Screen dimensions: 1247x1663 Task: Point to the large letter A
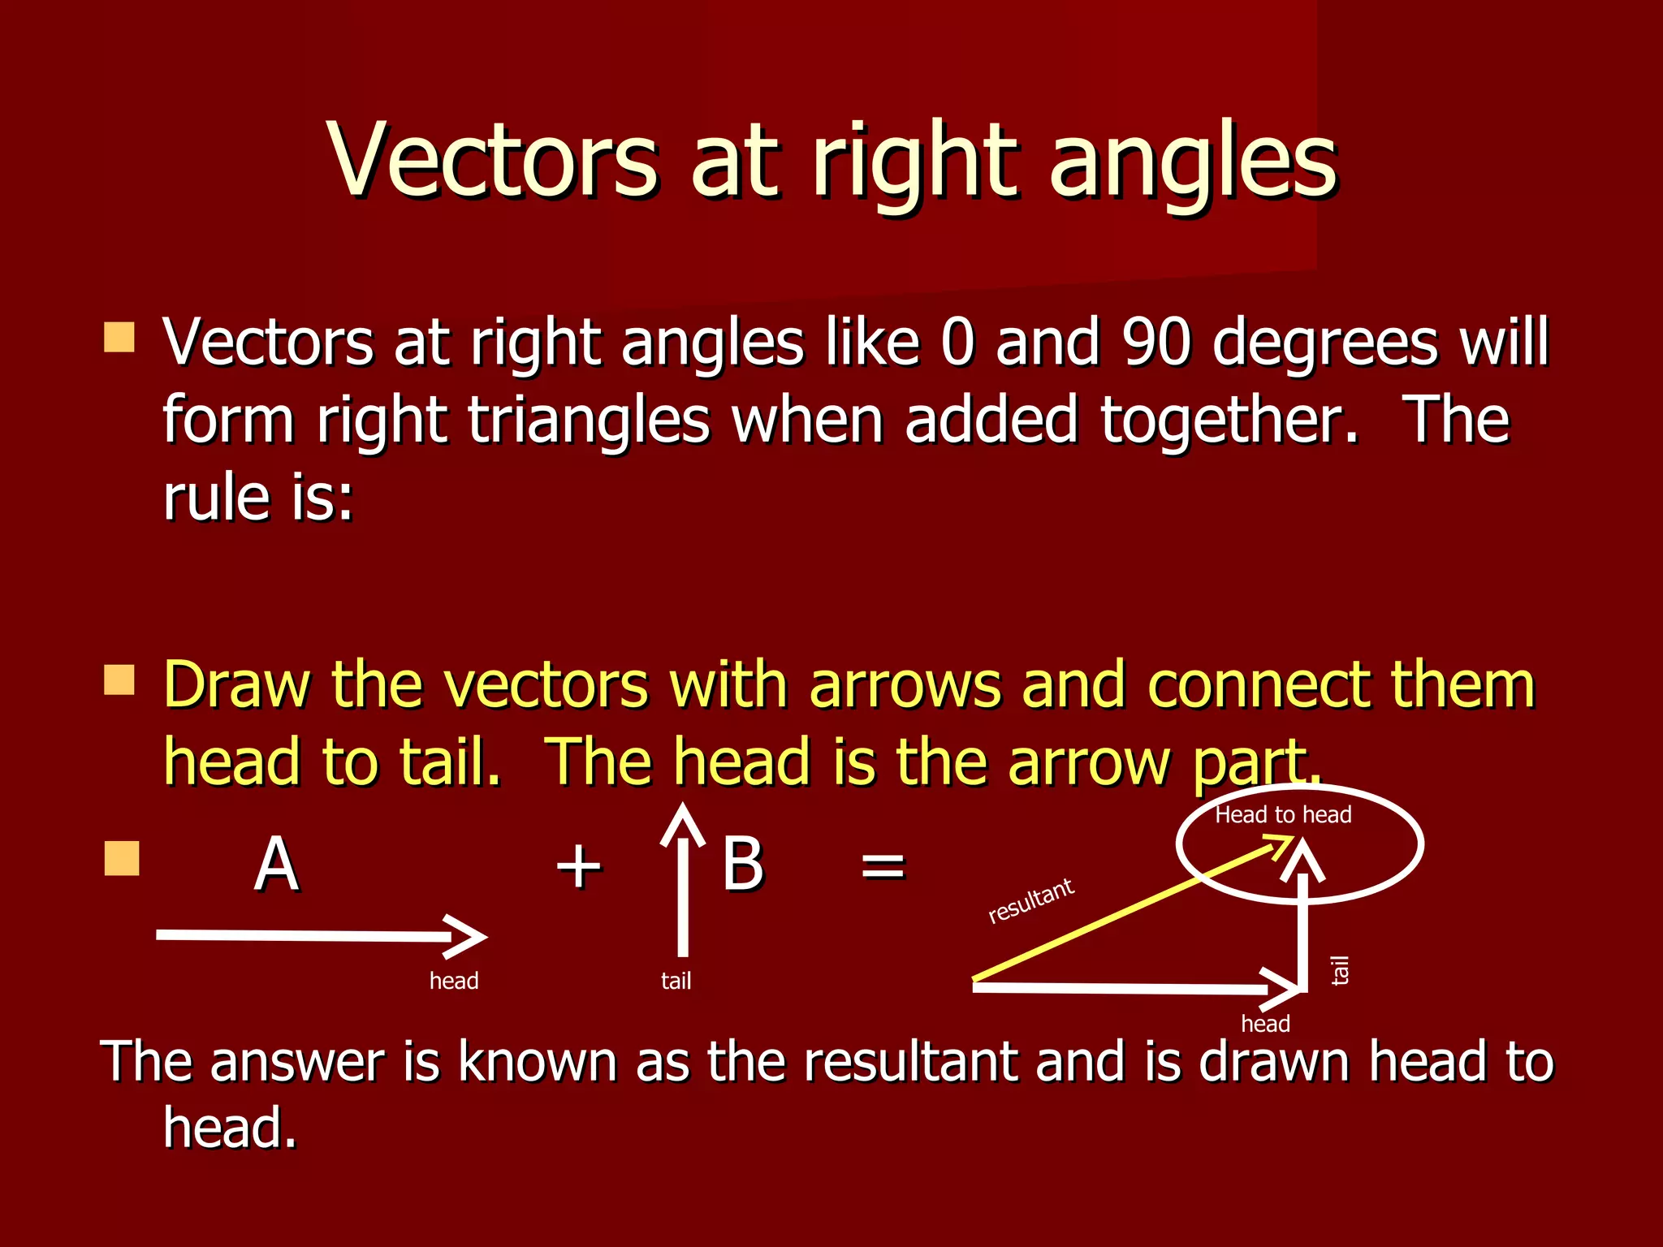point(276,865)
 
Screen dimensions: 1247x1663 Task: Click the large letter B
point(742,864)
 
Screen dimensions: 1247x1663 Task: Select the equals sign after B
point(883,865)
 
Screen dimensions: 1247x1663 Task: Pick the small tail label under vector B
point(676,982)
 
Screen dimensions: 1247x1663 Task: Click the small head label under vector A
point(454,982)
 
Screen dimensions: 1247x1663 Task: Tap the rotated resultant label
point(1031,900)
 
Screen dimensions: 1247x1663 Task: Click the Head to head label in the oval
point(1283,815)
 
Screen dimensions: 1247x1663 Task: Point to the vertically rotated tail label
point(1340,970)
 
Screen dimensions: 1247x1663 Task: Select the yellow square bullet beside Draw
point(119,680)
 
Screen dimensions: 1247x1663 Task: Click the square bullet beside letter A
point(122,858)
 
